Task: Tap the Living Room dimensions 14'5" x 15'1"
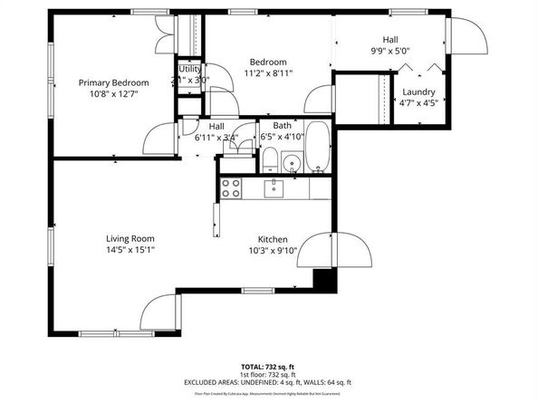[x=131, y=250]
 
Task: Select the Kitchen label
[x=274, y=239]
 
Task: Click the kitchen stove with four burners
[x=231, y=188]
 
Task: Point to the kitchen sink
[x=274, y=188]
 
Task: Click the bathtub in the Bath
[x=316, y=148]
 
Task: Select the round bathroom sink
[x=291, y=164]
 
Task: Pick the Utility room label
[x=189, y=69]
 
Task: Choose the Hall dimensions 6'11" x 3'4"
[x=216, y=139]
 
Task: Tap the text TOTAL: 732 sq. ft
[x=268, y=366]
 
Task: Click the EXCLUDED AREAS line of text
[x=268, y=382]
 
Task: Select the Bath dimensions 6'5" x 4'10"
[x=282, y=137]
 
